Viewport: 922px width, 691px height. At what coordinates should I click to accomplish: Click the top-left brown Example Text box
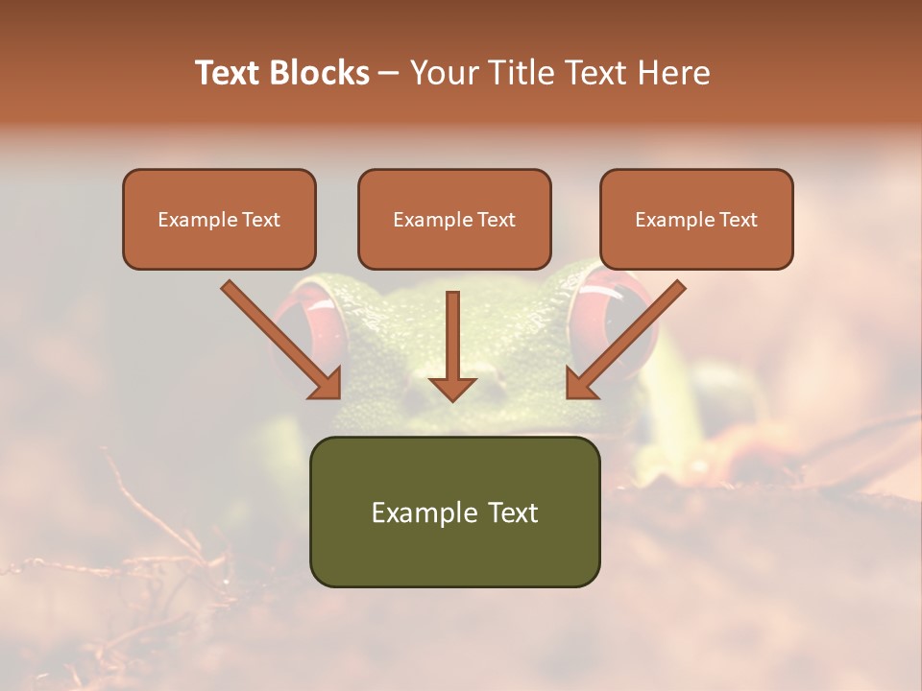[219, 219]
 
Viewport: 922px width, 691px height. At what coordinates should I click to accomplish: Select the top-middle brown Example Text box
[454, 219]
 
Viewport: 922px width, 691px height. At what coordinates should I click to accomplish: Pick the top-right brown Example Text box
[696, 219]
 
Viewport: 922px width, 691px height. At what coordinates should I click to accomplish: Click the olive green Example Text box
[454, 512]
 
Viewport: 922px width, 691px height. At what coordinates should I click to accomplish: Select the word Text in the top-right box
[739, 220]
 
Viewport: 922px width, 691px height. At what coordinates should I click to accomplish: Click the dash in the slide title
[389, 73]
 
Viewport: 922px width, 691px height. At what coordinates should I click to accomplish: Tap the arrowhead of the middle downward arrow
[452, 388]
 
